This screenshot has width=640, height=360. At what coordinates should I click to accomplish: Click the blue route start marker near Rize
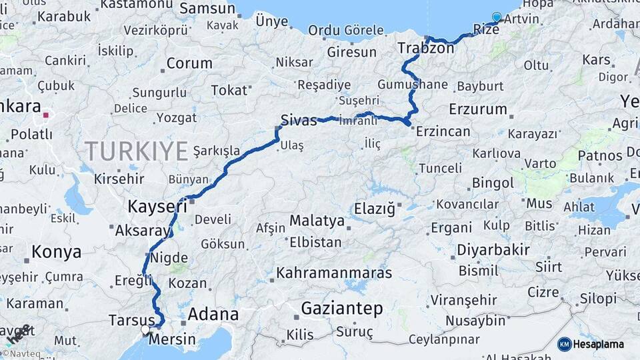pos(496,17)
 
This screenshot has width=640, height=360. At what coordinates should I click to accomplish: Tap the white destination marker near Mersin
pos(145,329)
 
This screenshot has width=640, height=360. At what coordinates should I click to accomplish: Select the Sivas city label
pos(299,120)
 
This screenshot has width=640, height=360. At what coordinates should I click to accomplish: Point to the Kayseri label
pos(157,207)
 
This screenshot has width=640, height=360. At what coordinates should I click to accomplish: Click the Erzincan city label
pos(443,131)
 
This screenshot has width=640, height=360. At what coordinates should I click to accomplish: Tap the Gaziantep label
pos(342,309)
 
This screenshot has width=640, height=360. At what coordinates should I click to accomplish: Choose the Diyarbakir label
pos(493,251)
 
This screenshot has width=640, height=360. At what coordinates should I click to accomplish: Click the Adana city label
pos(213,314)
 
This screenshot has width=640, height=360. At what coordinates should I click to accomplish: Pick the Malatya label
pos(317,221)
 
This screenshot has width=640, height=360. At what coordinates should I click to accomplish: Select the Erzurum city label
pos(478,109)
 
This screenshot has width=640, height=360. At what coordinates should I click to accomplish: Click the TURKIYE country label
pos(136,152)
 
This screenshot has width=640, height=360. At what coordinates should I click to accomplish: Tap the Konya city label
pos(57,252)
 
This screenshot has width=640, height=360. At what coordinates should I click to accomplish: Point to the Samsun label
pos(207,9)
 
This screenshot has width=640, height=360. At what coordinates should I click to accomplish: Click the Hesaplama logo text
pos(598,344)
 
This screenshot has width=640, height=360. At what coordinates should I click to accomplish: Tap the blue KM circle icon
pos(564,344)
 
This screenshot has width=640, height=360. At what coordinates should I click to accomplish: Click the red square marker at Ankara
pos(45,115)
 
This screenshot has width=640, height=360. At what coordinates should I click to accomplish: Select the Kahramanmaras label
pos(334,273)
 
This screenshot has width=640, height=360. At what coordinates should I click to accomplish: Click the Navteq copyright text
pos(21,353)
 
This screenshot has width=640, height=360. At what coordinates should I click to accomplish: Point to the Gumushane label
pos(413,85)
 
